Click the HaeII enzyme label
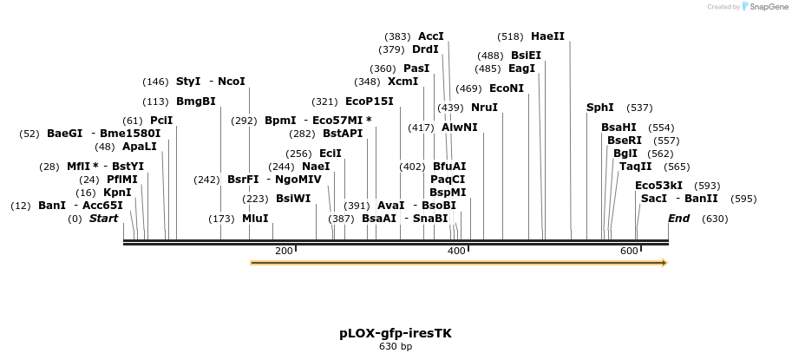[547, 36]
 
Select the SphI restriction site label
[599, 108]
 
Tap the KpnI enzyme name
[117, 192]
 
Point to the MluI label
[255, 219]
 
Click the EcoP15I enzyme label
[369, 101]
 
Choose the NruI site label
[484, 108]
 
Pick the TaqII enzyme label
[636, 167]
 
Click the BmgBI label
[195, 101]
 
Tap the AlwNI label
[459, 127]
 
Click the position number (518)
[510, 36]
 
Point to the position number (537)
[639, 108]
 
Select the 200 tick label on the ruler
[284, 251]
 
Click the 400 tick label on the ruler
[455, 251]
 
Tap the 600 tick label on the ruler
[628, 251]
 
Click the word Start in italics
[103, 219]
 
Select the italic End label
[678, 219]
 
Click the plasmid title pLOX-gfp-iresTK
[396, 333]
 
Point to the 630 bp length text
[396, 347]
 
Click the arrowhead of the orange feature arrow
[663, 262]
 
